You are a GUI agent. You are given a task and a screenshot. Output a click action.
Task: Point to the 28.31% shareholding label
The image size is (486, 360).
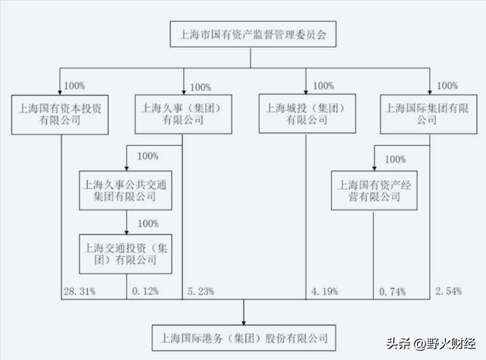tap(80, 291)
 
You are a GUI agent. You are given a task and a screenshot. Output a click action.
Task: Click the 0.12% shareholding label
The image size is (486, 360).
tap(145, 291)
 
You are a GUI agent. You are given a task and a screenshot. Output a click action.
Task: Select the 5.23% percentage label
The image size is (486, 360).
tap(200, 291)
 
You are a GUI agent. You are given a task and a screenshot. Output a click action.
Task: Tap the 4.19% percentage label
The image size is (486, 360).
tap(324, 291)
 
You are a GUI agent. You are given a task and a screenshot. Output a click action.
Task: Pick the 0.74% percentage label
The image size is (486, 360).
tap(393, 292)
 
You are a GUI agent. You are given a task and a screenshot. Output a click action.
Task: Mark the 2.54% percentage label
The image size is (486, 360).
tap(449, 291)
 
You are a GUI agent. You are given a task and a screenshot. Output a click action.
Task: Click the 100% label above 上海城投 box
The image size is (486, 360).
tap(323, 86)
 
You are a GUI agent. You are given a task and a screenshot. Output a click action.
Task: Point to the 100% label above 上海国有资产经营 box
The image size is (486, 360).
tap(395, 159)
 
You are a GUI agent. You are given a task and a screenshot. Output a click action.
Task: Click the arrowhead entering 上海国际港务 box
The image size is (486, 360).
tap(244, 323)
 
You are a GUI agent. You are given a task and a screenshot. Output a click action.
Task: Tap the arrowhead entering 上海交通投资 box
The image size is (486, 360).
tap(127, 232)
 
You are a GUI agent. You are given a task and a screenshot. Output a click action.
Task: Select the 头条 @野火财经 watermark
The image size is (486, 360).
tap(431, 343)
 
